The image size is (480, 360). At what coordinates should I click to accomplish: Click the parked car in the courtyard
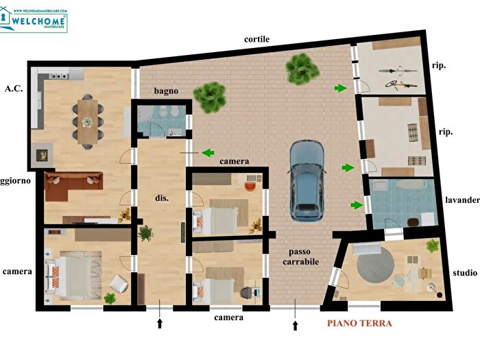[x=307, y=180]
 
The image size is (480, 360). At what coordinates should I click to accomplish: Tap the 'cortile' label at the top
[x=256, y=39]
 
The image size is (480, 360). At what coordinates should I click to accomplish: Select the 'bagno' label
[x=167, y=91]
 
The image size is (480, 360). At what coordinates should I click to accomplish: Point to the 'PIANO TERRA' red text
[x=359, y=324]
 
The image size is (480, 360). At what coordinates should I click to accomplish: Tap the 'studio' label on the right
[x=464, y=273]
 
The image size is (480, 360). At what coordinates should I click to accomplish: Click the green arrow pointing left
[x=207, y=152]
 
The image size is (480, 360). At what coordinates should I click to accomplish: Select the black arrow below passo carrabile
[x=296, y=324]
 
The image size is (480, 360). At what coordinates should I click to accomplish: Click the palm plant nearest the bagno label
[x=209, y=97]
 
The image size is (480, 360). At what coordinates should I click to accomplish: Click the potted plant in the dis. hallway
[x=145, y=234]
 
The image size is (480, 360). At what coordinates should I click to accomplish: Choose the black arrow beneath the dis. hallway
[x=160, y=324]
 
